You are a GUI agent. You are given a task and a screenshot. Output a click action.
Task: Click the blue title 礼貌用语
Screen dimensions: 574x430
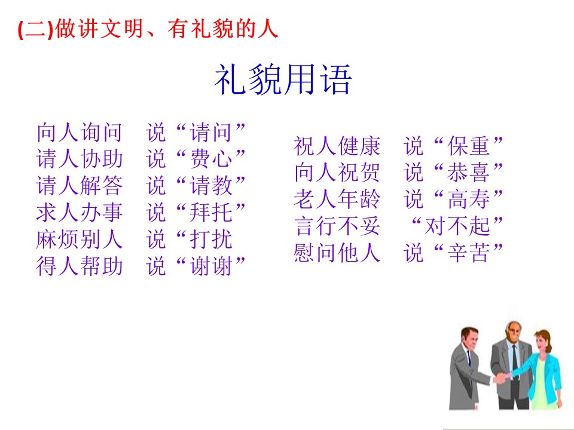click(283, 79)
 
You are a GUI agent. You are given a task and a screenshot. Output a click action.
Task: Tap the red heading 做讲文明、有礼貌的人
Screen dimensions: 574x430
click(167, 29)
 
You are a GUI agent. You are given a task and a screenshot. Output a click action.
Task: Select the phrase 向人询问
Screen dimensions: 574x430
click(79, 132)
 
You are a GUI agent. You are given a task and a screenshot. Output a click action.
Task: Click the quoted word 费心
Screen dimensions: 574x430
click(211, 159)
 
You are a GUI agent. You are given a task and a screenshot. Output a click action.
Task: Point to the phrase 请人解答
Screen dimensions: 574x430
click(79, 185)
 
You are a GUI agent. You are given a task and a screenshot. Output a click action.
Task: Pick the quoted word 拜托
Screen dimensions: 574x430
click(211, 212)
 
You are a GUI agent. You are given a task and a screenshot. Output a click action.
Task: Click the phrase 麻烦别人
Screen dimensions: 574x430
click(79, 239)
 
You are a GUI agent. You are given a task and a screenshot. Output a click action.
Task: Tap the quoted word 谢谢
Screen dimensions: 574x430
click(211, 266)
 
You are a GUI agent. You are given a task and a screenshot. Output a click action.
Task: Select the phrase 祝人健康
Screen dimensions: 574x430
click(337, 146)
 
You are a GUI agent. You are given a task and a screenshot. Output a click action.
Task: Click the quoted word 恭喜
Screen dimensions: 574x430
click(469, 172)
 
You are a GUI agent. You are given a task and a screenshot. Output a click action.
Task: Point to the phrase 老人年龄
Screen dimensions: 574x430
click(337, 199)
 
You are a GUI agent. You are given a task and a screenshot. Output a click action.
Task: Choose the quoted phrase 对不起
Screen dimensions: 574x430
click(457, 226)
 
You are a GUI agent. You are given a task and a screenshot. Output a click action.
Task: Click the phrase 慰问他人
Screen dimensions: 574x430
click(337, 253)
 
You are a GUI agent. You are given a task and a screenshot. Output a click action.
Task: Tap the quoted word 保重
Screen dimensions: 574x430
click(469, 146)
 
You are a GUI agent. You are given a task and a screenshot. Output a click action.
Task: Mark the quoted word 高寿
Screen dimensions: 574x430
click(469, 199)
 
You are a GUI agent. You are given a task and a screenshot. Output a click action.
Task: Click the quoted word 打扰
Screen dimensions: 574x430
click(211, 239)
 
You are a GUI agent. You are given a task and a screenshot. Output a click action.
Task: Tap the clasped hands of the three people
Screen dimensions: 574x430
click(502, 377)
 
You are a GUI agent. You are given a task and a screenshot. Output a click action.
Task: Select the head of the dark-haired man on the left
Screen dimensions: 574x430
click(469, 338)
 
